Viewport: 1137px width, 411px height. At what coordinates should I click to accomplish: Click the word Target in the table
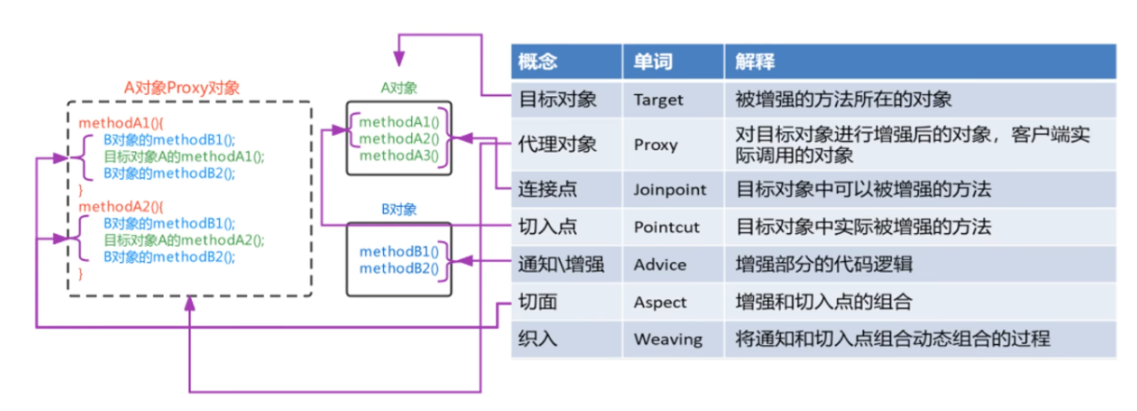[x=659, y=98]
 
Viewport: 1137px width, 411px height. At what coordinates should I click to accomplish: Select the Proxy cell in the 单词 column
[x=655, y=145]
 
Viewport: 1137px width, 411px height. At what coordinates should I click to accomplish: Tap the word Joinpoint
[x=670, y=189]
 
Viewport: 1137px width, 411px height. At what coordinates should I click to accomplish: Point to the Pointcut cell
[x=665, y=226]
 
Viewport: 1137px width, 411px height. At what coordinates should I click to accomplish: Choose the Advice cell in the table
[x=660, y=265]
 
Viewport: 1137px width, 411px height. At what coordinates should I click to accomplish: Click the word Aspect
[x=660, y=302]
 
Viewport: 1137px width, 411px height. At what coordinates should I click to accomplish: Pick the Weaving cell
[x=667, y=338]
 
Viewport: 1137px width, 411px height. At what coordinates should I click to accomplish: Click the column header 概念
[x=538, y=62]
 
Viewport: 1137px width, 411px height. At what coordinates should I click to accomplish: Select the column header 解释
[x=753, y=62]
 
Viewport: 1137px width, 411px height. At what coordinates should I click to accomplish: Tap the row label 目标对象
[x=556, y=98]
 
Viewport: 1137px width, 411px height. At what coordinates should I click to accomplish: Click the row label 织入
[x=537, y=338]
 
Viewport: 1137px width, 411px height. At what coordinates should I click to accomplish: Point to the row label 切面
[x=537, y=302]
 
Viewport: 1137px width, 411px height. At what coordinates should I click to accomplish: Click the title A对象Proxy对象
[x=183, y=87]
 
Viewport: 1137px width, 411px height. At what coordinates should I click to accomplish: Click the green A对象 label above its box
[x=399, y=88]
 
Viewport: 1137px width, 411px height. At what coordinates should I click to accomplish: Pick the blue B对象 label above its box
[x=398, y=209]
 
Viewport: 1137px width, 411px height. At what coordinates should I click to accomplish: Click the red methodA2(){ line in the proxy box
[x=119, y=207]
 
